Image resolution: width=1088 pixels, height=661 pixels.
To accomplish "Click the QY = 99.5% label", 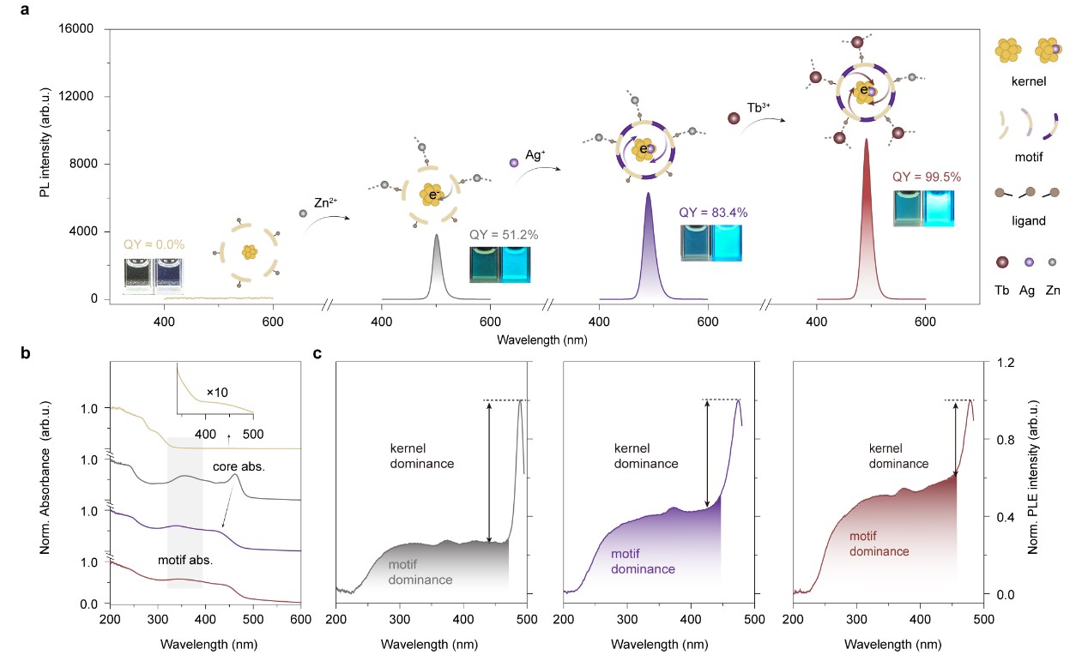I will click(x=922, y=177).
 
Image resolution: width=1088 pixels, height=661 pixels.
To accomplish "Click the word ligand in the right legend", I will click(x=1029, y=221).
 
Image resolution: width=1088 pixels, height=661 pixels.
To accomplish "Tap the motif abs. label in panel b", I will click(x=184, y=562).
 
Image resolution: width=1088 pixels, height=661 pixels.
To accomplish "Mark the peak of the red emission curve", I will click(x=866, y=139).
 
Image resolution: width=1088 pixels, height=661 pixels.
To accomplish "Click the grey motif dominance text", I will click(x=420, y=572).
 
